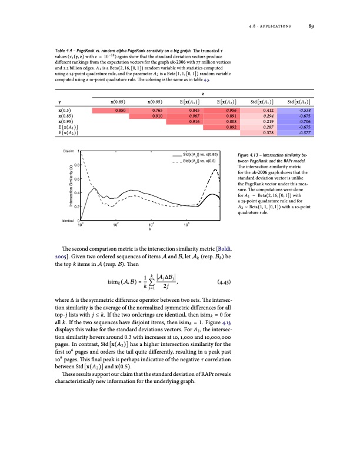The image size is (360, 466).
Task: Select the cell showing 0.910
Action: tap(158, 115)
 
